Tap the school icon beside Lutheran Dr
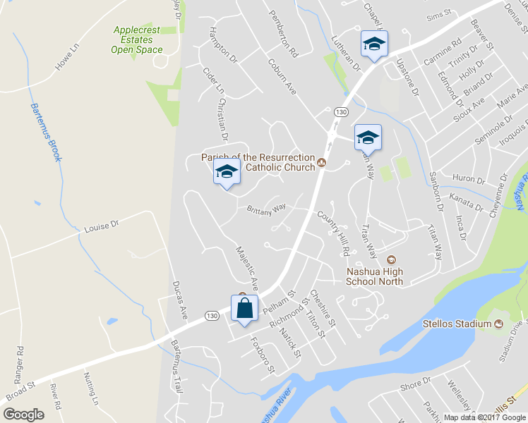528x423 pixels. [373, 45]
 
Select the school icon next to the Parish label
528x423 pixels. [227, 172]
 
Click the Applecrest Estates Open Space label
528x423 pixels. [136, 40]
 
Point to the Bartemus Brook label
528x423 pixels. [44, 133]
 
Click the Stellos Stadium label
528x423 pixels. [457, 324]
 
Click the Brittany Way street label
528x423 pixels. [266, 208]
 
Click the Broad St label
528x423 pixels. [20, 391]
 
